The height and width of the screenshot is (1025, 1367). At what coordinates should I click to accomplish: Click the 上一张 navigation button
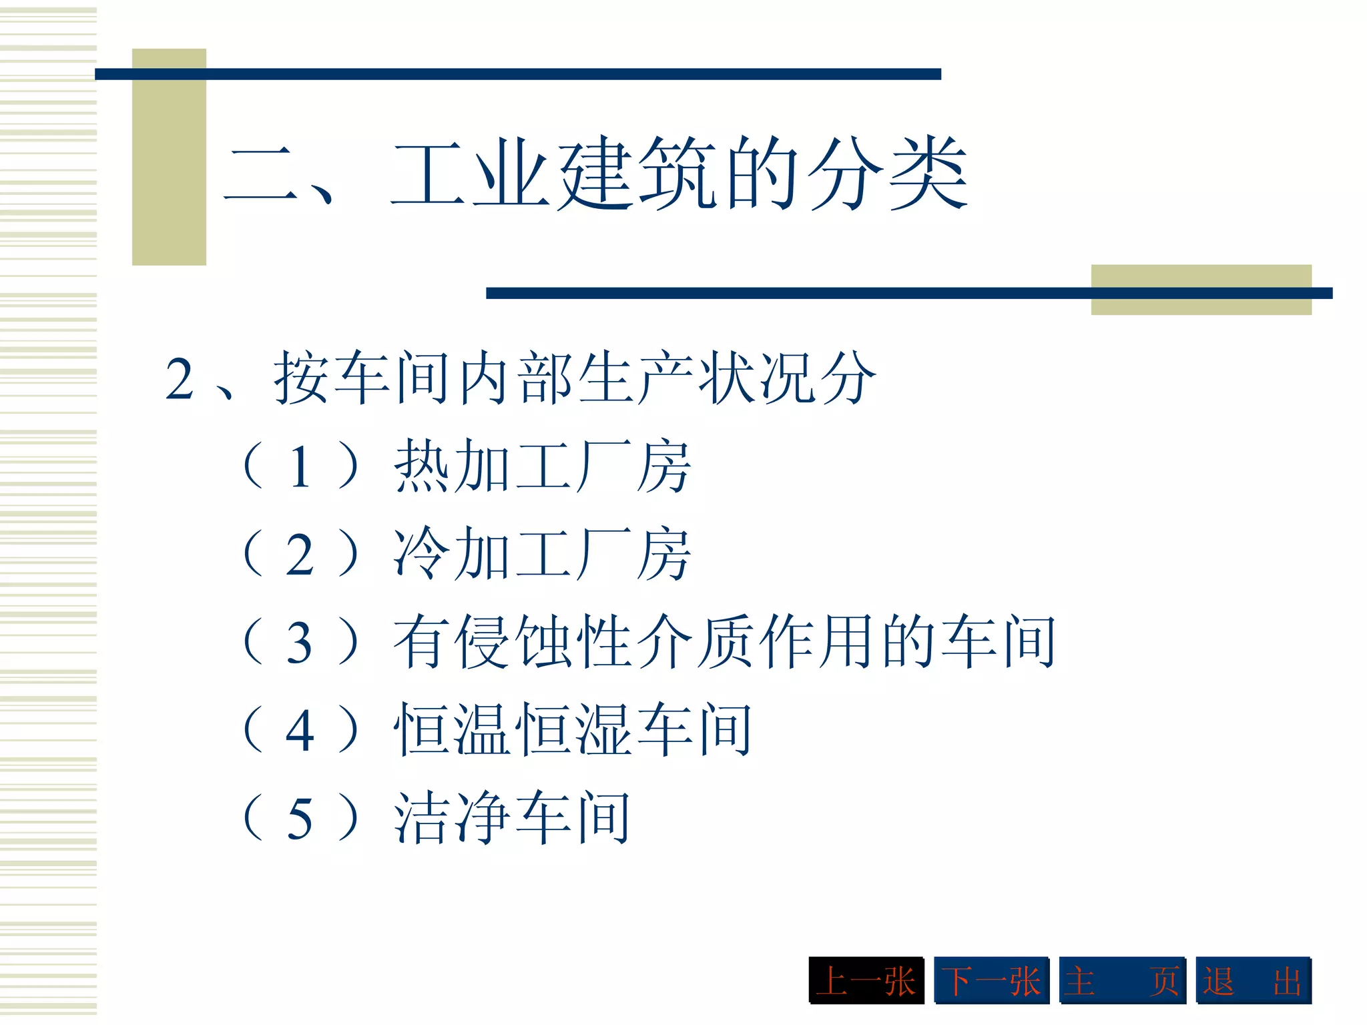coord(866,980)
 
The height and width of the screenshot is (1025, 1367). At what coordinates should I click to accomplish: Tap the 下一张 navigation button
coord(991,980)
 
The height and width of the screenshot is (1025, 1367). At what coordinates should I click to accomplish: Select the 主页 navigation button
coord(1122,980)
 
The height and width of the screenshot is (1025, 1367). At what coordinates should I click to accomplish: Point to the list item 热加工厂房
coord(542,466)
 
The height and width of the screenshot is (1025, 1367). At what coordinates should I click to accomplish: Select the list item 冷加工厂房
coord(542,553)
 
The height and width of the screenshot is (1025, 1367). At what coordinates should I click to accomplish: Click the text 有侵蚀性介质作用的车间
coord(724,641)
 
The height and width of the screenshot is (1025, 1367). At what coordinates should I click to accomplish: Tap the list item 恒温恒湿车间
coord(573,729)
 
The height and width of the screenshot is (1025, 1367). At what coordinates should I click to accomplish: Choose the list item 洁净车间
coord(512,817)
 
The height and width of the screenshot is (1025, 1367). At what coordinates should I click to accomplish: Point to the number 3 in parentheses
coord(300,643)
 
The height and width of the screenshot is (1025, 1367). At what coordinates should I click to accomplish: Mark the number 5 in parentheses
coord(300,818)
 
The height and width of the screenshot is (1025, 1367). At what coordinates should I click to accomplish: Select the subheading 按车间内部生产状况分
coord(574,378)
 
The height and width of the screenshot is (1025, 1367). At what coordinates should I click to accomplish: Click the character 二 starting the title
coord(260,175)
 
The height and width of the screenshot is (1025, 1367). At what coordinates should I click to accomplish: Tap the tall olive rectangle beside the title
coord(169,157)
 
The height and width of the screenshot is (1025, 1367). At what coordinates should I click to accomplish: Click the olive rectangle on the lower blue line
coord(1201,290)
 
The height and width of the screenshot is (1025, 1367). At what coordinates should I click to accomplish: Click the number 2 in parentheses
coord(300,555)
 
